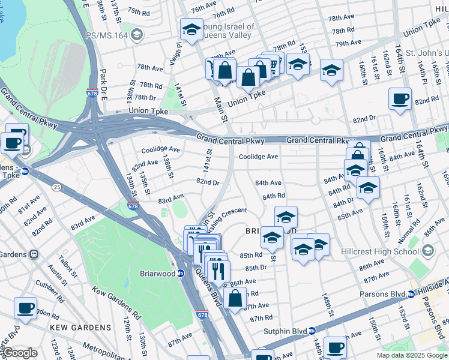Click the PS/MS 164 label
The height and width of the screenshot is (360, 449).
pos(106,35)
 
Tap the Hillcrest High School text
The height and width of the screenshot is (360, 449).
pos(381,250)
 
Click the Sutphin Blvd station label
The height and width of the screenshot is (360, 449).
pos(285,331)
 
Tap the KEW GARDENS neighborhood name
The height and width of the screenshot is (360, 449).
pos(80,328)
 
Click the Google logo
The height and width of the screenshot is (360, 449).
pos(19,353)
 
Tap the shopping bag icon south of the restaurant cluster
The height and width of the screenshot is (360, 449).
pos(235,297)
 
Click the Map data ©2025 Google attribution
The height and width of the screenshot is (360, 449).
pos(411,355)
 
